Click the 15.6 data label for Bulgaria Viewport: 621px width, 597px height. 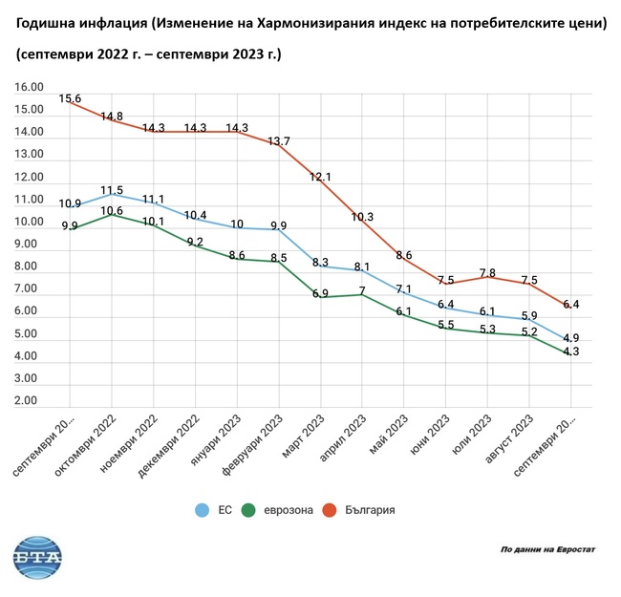click(70, 98)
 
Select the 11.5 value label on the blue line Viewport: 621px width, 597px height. click(113, 190)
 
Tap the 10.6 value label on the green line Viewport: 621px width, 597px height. click(113, 211)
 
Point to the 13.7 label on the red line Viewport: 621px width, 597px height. click(279, 141)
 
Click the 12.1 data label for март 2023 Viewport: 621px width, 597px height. click(320, 177)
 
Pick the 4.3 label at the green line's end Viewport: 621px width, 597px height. click(571, 352)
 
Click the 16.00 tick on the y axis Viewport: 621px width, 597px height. click(30, 88)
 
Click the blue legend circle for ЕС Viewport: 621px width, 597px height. click(202, 510)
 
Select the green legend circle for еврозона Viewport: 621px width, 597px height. click(248, 510)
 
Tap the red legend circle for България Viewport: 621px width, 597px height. click(328, 510)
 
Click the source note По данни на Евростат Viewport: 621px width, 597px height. click(547, 550)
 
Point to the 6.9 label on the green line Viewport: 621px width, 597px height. click(320, 291)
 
